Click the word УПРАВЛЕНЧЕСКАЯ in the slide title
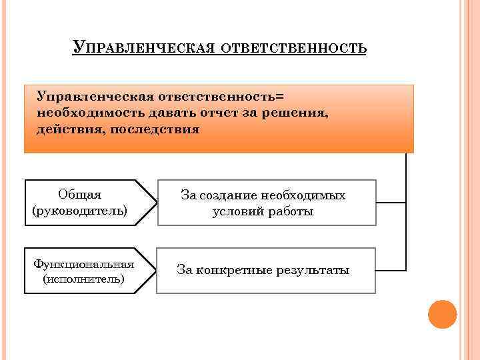(147, 49)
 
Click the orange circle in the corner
(442, 314)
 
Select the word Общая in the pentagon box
(79, 195)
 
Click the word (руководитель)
(79, 211)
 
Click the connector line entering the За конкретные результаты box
(391, 270)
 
